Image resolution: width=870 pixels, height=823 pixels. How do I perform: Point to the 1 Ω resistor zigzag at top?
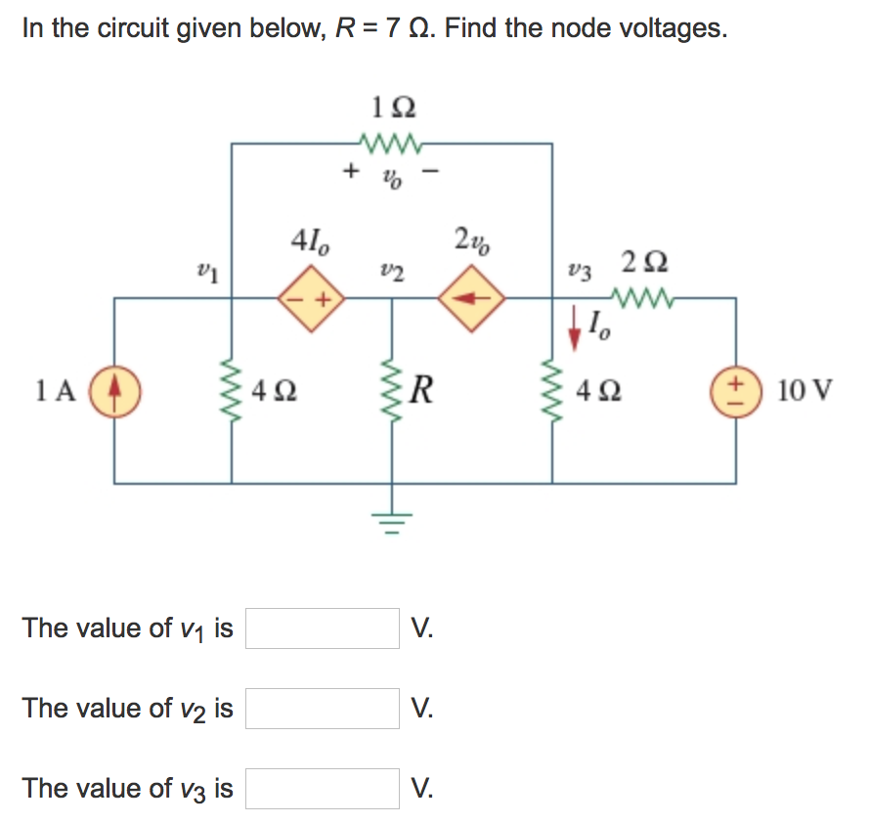tap(391, 145)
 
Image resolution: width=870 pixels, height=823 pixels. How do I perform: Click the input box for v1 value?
tap(323, 628)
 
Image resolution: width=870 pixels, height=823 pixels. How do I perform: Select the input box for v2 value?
tap(323, 708)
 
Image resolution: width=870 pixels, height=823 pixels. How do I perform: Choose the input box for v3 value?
tap(323, 788)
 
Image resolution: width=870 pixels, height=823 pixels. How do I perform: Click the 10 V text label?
tap(805, 392)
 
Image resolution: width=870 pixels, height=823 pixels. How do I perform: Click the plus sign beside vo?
tap(349, 172)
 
